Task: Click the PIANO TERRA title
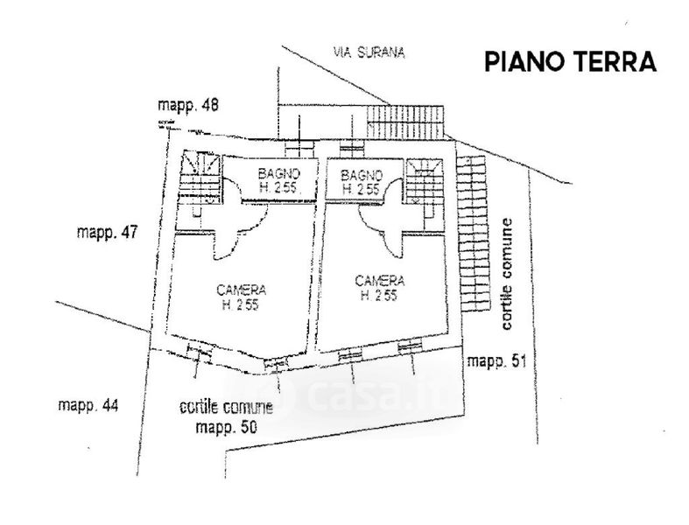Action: click(x=569, y=63)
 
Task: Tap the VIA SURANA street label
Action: click(x=369, y=52)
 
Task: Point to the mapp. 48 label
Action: click(x=188, y=107)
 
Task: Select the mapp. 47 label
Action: click(x=108, y=233)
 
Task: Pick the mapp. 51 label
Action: click(x=496, y=360)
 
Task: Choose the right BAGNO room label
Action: click(x=360, y=173)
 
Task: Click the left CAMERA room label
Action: click(x=241, y=290)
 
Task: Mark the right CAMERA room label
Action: click(x=379, y=281)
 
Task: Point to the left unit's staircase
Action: click(x=199, y=179)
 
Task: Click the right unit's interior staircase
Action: click(x=425, y=181)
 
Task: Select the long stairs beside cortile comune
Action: click(x=474, y=232)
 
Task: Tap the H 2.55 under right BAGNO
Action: click(x=360, y=188)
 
